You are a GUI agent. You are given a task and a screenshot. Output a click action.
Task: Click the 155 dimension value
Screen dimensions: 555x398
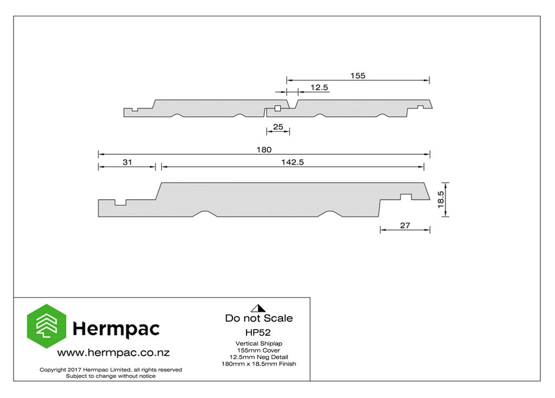click(x=358, y=76)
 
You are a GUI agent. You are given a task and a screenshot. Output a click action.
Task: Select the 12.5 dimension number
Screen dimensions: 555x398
click(x=319, y=87)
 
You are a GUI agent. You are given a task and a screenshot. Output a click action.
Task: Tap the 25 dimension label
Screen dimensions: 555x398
click(x=278, y=127)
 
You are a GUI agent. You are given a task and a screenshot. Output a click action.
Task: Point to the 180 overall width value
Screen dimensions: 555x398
click(x=264, y=149)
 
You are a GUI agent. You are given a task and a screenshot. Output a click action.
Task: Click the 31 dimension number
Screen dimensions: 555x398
click(x=127, y=162)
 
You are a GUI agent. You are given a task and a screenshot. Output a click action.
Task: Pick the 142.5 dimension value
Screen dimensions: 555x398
click(x=292, y=162)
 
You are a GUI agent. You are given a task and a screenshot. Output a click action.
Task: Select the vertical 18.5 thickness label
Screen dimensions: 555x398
click(x=441, y=199)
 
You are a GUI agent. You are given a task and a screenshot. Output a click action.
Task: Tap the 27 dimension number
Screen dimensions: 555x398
click(x=405, y=225)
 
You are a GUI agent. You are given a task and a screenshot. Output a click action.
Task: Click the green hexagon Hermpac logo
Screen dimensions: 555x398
click(x=47, y=326)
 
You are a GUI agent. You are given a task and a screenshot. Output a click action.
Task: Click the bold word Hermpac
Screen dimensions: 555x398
click(x=116, y=329)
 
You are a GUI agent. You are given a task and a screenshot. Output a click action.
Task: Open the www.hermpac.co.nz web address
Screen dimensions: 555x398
click(x=113, y=353)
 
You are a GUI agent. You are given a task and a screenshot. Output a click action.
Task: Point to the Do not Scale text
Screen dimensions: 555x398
click(x=259, y=318)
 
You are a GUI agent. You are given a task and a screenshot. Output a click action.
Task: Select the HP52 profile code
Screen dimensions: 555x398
click(x=258, y=332)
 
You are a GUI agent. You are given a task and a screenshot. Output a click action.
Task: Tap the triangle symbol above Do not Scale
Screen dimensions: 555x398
click(x=259, y=308)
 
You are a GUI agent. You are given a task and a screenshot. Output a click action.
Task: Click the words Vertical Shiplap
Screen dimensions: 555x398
click(x=259, y=343)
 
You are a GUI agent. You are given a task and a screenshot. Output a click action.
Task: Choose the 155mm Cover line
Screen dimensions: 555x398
click(x=259, y=350)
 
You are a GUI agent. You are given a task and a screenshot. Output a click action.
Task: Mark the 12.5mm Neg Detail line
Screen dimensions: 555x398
click(x=259, y=357)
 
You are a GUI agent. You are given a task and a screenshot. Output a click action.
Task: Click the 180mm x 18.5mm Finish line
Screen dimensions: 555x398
click(x=259, y=364)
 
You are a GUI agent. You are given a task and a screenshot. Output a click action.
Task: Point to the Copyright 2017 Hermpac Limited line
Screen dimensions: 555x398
click(x=111, y=370)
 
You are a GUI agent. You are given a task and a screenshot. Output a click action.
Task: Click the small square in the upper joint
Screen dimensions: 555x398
click(x=278, y=108)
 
